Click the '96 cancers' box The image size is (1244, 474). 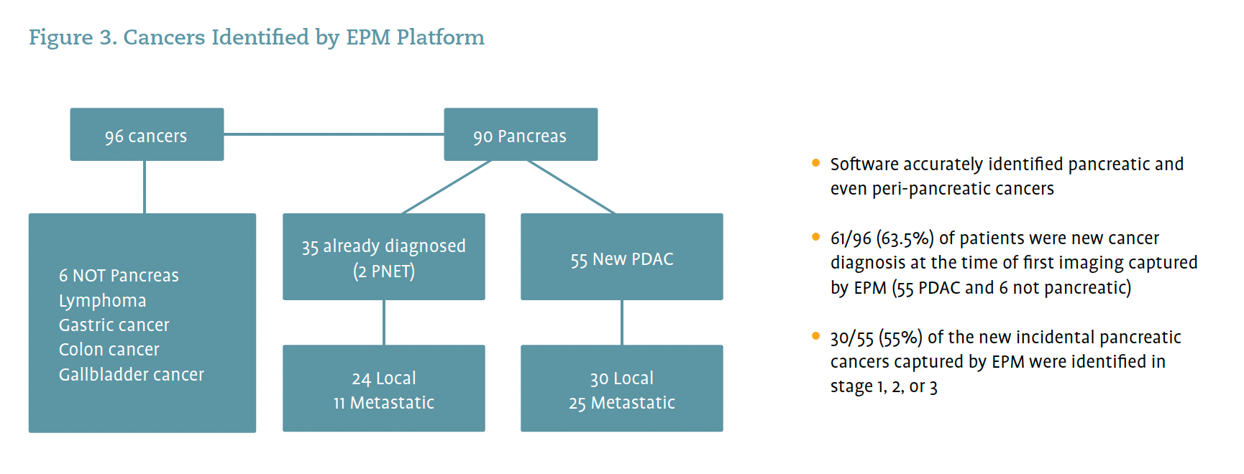[x=147, y=135]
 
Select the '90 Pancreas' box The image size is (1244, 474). [x=520, y=135]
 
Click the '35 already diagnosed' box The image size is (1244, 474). [x=383, y=246]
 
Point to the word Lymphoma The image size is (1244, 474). [x=102, y=301]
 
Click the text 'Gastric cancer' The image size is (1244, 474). [x=114, y=325]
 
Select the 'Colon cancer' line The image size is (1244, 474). [x=109, y=350]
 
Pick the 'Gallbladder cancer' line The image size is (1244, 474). [x=131, y=375]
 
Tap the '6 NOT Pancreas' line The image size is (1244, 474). [x=119, y=276]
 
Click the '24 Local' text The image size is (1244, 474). [x=383, y=378]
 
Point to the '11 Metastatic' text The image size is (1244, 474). [x=383, y=403]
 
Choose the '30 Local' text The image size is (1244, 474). [x=621, y=378]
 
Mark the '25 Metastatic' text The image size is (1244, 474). [x=621, y=403]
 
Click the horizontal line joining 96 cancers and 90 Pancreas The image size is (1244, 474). [x=334, y=134]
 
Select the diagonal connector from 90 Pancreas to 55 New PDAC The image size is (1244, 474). [x=571, y=187]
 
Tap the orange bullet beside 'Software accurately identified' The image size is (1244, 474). [x=815, y=163]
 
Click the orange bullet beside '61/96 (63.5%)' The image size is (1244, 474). [x=815, y=237]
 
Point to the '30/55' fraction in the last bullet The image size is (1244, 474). [x=851, y=338]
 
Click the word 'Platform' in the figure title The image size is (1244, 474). [x=440, y=37]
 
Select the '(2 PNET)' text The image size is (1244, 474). [x=383, y=271]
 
